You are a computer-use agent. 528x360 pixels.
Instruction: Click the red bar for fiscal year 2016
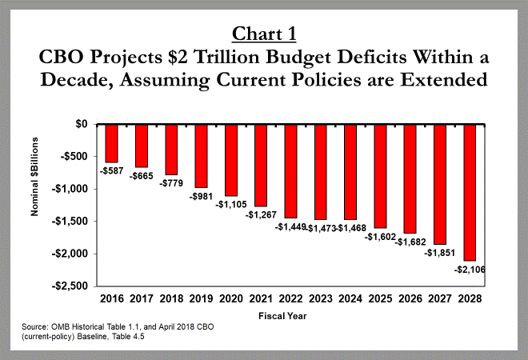point(112,143)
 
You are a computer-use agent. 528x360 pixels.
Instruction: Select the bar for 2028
point(470,193)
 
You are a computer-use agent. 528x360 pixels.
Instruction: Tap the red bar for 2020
point(231,160)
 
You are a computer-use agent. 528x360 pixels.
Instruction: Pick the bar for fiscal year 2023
point(321,172)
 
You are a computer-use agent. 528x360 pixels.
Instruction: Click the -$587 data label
point(112,171)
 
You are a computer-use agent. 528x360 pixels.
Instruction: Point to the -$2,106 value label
point(470,270)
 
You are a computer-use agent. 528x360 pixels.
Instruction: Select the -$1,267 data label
point(261,215)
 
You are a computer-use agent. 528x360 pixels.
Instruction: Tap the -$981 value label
point(201,196)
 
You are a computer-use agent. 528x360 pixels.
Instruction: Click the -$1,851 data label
point(440,253)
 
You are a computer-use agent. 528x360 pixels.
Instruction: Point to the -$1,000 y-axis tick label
point(70,189)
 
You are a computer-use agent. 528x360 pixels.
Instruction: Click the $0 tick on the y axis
point(81,124)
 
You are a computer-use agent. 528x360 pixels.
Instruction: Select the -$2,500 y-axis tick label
point(70,286)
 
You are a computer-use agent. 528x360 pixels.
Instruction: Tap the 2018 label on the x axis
point(171,298)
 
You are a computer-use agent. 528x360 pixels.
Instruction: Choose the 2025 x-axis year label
point(380,298)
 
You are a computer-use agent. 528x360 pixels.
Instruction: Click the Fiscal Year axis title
point(282,316)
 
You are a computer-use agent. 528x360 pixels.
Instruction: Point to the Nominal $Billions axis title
point(34,177)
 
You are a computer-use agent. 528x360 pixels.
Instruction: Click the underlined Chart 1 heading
point(264,34)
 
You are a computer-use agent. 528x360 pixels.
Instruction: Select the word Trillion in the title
point(226,57)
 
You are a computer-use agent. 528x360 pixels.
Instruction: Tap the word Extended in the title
point(444,79)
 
